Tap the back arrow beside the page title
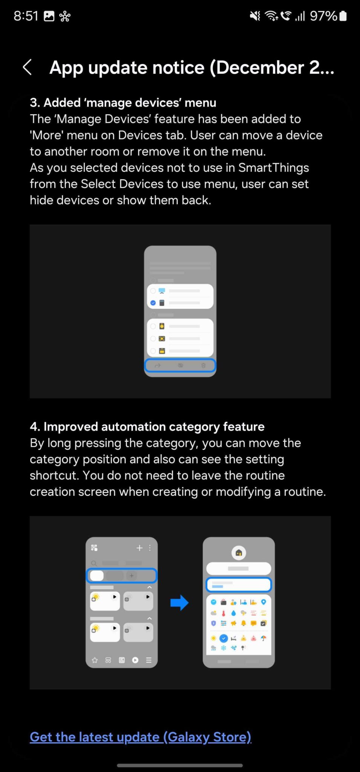27,67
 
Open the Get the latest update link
140,737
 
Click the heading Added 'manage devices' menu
123,103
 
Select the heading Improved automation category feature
147,426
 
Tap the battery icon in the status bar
343,16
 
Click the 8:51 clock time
26,16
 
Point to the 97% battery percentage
323,16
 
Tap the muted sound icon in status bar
255,16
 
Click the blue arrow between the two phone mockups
179,602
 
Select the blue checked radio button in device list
153,303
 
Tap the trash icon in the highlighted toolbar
203,365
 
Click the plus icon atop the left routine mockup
139,548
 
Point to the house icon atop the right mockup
239,553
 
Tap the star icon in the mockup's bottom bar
95,660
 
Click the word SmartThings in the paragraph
273,167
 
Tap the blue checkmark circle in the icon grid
224,638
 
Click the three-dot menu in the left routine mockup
150,548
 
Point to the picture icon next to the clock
49,16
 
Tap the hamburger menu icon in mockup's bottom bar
149,660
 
